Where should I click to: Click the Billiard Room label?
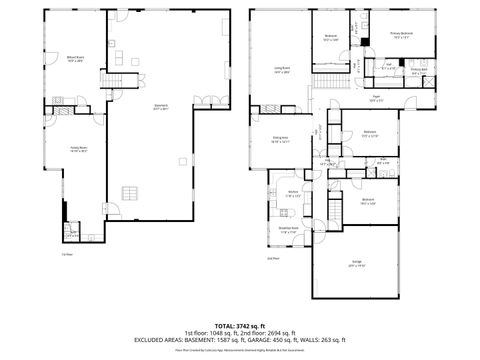pyautogui.click(x=74, y=58)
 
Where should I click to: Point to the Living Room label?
pyautogui.click(x=283, y=70)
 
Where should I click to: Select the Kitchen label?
pyautogui.click(x=294, y=194)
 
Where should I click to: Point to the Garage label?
pyautogui.click(x=355, y=264)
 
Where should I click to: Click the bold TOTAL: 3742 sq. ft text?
pyautogui.click(x=239, y=326)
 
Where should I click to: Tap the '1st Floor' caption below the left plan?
pyautogui.click(x=67, y=253)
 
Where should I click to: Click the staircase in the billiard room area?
pyautogui.click(x=121, y=81)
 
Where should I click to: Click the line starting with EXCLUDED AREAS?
pyautogui.click(x=239, y=340)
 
